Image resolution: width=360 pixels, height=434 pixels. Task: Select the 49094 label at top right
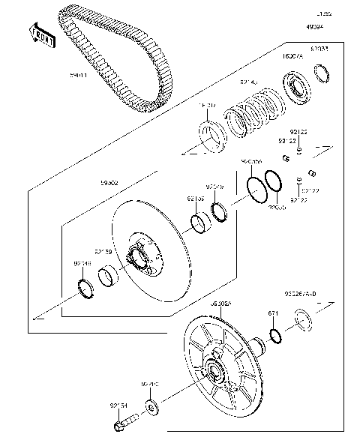coord(316,26)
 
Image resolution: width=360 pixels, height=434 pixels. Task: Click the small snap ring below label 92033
coord(322,71)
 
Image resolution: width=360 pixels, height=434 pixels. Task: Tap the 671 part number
coord(274,314)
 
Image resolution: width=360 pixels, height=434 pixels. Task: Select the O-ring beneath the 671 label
coord(274,334)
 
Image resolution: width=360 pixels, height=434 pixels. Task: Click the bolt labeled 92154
coord(118,426)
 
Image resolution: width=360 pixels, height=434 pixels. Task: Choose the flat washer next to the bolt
coord(152,408)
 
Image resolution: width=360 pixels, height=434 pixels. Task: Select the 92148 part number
coord(83,263)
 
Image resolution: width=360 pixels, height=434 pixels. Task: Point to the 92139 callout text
coord(103,252)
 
